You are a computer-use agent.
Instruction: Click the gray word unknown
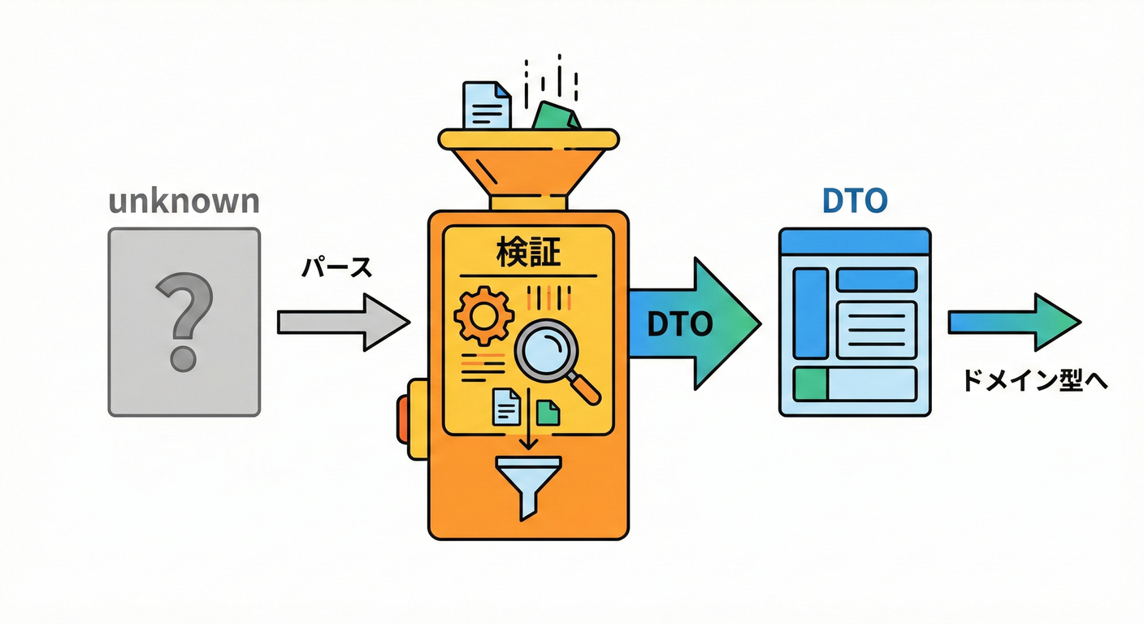click(184, 201)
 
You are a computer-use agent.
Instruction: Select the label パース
click(336, 269)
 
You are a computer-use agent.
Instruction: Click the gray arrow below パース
click(342, 323)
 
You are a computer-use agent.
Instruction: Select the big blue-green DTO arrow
click(691, 323)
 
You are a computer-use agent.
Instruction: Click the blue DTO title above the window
click(855, 201)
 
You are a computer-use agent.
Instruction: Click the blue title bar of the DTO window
click(854, 241)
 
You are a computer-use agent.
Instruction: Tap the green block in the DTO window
click(810, 383)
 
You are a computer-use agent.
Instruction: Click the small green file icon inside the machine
click(548, 412)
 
